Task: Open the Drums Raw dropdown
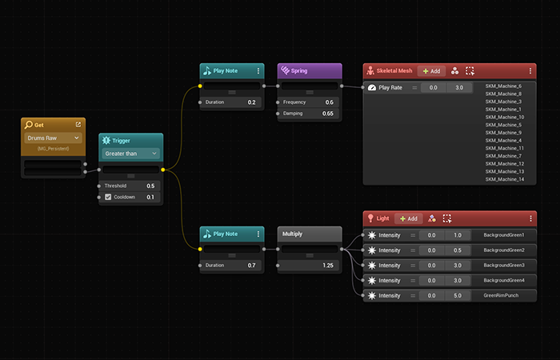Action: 53,138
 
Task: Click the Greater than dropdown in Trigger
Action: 130,154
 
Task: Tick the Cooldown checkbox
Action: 108,197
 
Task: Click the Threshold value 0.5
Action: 150,186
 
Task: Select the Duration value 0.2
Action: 251,102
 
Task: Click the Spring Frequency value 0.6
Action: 329,102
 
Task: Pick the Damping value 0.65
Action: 327,114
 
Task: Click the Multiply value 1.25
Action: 327,266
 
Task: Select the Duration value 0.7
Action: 251,266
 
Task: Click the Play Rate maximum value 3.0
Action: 459,87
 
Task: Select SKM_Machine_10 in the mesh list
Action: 505,117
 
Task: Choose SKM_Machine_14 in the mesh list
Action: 505,179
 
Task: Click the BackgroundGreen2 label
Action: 504,250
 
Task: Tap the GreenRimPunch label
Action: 501,295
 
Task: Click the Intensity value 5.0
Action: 458,296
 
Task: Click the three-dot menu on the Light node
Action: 530,218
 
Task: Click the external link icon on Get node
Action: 78,125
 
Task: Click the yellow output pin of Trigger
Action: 163,170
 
